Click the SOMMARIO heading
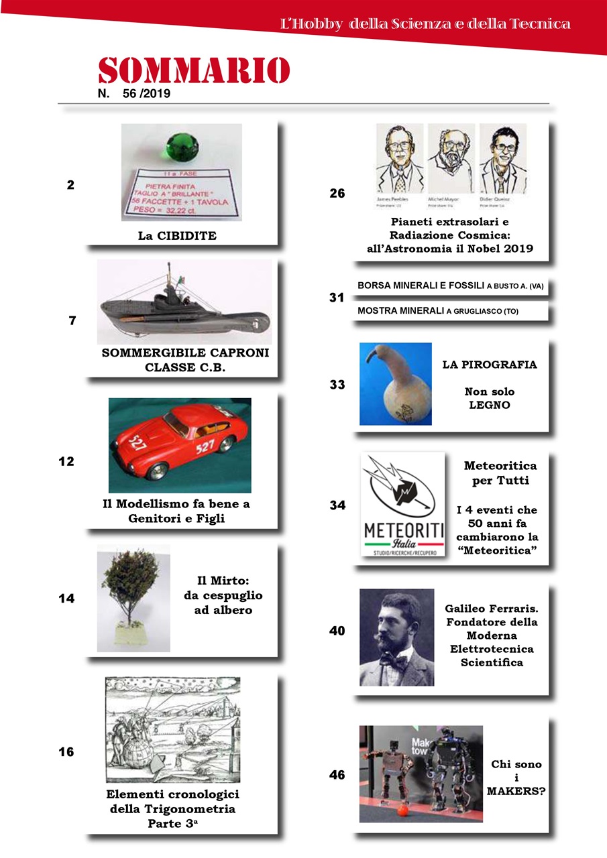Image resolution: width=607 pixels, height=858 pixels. click(194, 70)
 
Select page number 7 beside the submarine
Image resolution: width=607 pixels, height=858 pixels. click(72, 320)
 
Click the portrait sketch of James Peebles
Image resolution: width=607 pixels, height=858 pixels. click(399, 160)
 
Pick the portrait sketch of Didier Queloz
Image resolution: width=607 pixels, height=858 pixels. click(502, 160)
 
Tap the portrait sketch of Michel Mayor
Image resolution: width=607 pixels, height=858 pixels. click(451, 160)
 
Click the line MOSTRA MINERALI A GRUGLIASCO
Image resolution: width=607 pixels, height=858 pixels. click(438, 311)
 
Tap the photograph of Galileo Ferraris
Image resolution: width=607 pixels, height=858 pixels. click(396, 637)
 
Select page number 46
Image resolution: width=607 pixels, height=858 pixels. click(337, 776)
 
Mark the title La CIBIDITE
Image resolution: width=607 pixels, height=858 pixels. click(177, 236)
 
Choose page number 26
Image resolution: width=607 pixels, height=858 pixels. click(337, 194)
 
